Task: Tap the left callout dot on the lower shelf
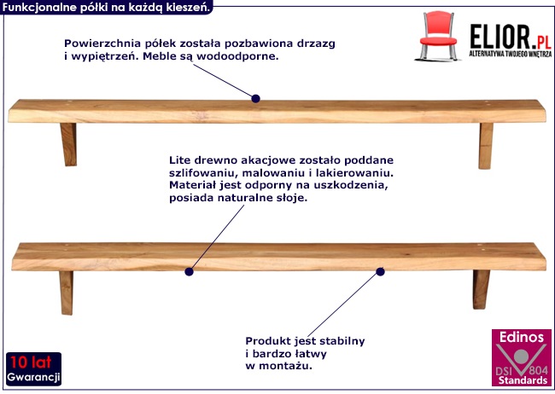(x=189, y=273)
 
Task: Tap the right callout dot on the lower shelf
(x=380, y=272)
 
